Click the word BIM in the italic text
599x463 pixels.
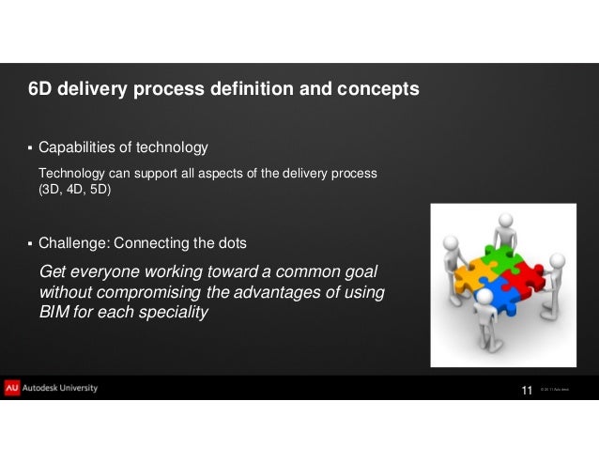(55, 313)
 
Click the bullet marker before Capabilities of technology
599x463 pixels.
(29, 148)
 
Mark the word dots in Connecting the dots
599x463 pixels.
(230, 243)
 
